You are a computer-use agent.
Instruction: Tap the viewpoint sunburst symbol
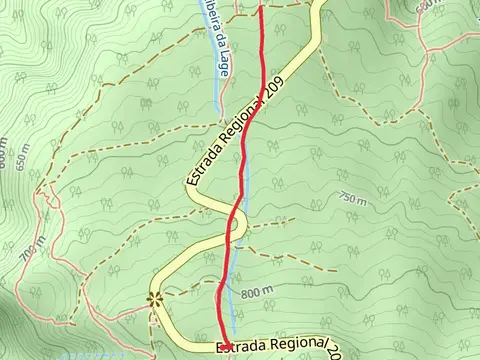[155, 298]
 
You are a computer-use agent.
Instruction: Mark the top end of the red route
[262, 7]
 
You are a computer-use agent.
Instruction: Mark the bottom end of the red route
[224, 346]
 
